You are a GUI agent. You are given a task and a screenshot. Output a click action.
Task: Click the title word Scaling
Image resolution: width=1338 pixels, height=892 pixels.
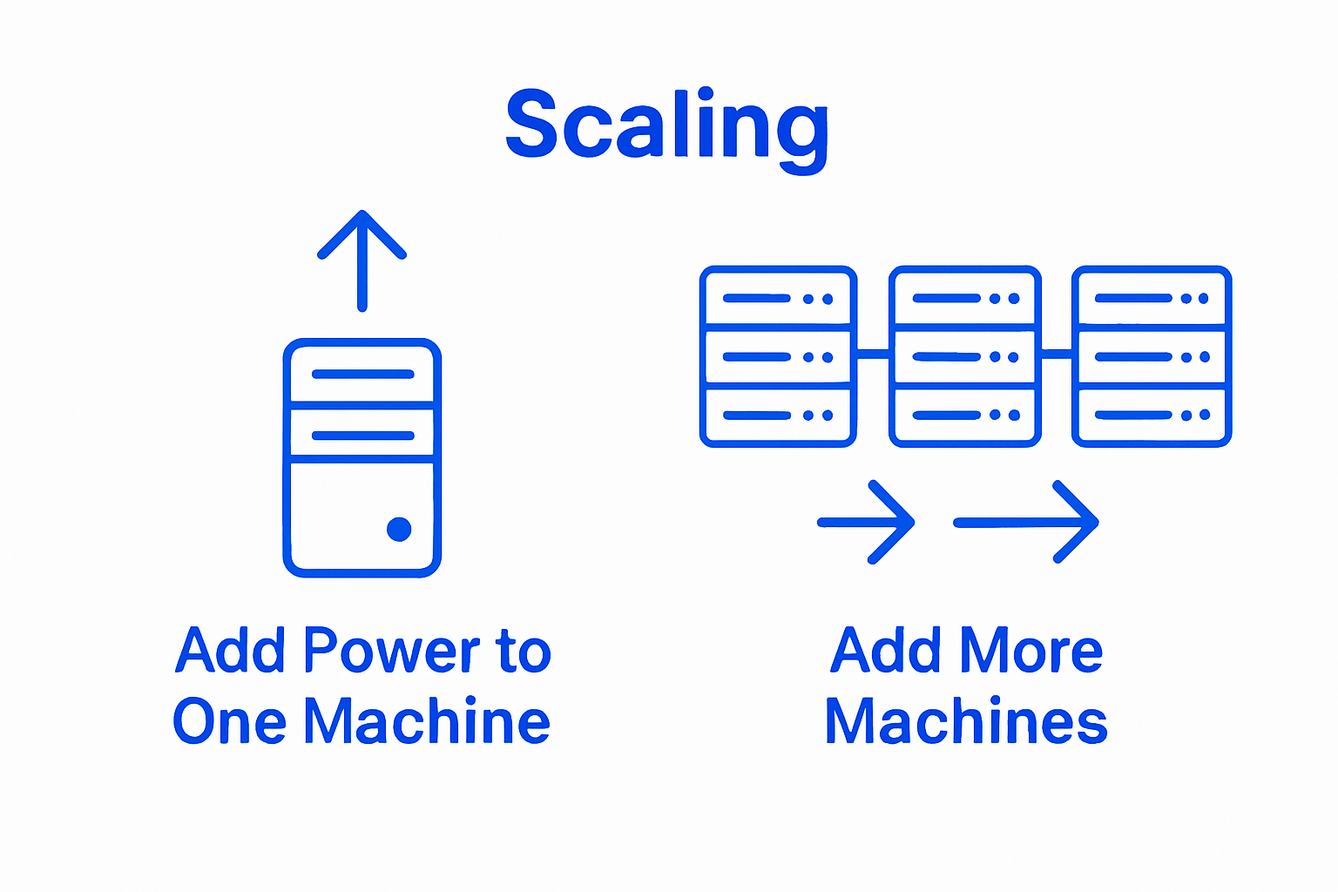pos(666,126)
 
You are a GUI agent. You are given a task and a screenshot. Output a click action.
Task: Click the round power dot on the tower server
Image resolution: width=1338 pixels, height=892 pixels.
pos(399,529)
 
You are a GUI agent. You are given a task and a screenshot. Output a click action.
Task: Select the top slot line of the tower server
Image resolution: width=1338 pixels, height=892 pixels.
pos(362,375)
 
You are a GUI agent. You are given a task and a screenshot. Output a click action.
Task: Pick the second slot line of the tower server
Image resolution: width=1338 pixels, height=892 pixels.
pos(362,435)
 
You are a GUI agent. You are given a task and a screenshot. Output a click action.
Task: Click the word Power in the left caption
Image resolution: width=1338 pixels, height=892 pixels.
pos(392,652)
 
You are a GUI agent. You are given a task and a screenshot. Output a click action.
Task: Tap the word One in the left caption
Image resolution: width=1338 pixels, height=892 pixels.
pos(229,722)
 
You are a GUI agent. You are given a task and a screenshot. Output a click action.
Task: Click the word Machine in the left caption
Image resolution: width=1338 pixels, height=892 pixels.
pos(427,722)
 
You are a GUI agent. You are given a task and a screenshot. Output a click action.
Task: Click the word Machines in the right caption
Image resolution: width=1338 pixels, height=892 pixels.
pos(966,722)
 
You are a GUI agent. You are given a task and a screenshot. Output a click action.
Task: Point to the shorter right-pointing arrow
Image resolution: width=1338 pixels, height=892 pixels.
pos(867,522)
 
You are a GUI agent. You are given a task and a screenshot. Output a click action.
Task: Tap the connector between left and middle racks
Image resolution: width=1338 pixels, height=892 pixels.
pos(873,353)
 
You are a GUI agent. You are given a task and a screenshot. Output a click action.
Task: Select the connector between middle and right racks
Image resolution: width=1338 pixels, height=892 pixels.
pos(1057,353)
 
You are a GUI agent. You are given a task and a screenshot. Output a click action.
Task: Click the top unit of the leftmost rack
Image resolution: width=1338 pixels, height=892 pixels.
pos(778,298)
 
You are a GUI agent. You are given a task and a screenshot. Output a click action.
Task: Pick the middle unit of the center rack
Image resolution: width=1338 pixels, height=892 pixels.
pos(965,357)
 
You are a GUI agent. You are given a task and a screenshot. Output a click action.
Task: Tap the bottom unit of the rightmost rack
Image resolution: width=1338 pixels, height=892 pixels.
pos(1152,416)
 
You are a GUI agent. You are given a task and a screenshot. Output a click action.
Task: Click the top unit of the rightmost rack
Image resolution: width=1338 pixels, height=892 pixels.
pos(1152,298)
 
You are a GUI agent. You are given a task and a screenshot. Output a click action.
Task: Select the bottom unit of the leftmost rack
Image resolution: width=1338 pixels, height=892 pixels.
pos(778,416)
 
